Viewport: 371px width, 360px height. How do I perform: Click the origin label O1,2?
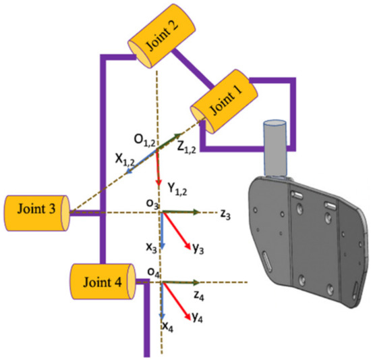coord(143,141)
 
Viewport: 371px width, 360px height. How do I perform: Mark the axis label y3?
coord(198,249)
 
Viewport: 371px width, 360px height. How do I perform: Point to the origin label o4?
coord(153,272)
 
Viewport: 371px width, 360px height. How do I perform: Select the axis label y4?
coord(199,316)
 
